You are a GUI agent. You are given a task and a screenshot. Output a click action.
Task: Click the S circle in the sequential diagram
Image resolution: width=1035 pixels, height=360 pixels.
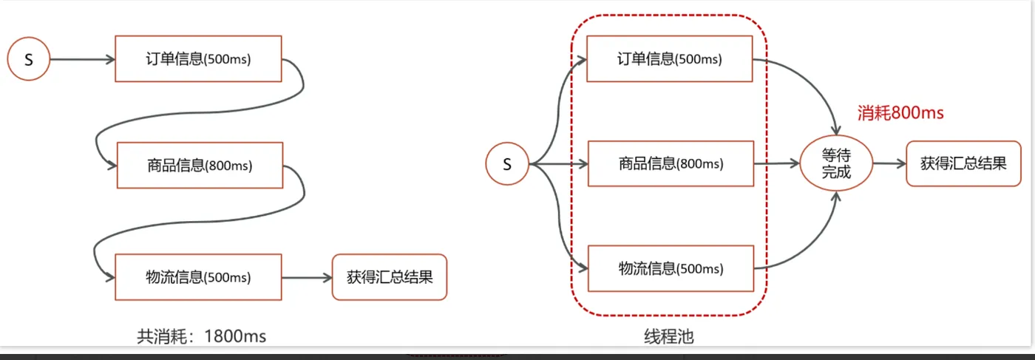pyautogui.click(x=29, y=59)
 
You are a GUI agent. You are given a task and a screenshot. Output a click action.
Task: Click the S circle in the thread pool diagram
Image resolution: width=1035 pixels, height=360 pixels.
pyautogui.click(x=507, y=163)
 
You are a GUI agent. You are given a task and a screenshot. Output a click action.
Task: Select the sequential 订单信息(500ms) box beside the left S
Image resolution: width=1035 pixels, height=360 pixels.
pyautogui.click(x=199, y=58)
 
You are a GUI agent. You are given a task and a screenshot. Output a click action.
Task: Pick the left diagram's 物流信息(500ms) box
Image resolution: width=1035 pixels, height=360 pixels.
pyautogui.click(x=199, y=277)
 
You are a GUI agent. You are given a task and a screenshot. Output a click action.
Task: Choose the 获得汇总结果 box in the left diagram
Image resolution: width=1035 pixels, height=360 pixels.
pyautogui.click(x=390, y=277)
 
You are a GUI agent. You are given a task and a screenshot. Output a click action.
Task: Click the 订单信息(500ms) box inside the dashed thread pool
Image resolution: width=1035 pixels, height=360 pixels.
pyautogui.click(x=670, y=58)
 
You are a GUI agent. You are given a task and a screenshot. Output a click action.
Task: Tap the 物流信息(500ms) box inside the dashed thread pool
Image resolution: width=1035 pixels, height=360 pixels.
pyautogui.click(x=670, y=268)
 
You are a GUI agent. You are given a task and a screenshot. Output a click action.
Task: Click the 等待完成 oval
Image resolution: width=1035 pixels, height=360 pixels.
pyautogui.click(x=836, y=163)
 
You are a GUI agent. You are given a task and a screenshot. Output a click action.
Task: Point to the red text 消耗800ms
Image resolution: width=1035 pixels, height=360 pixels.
pyautogui.click(x=900, y=113)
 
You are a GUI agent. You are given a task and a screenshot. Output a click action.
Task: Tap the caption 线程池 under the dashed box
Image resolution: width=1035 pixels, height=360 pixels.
pyautogui.click(x=669, y=336)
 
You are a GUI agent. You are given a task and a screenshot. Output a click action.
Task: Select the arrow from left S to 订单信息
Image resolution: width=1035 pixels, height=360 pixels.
pyautogui.click(x=82, y=59)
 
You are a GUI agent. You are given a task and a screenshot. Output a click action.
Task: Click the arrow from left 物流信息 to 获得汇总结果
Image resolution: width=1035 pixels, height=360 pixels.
pyautogui.click(x=307, y=278)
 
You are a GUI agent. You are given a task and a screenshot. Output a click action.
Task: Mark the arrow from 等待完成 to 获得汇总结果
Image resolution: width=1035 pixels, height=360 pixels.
pyautogui.click(x=889, y=163)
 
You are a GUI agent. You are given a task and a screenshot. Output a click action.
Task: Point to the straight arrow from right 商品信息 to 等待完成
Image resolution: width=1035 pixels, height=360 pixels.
pyautogui.click(x=776, y=163)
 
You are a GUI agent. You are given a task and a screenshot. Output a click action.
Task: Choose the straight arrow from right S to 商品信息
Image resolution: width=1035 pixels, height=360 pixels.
pyautogui.click(x=558, y=163)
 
